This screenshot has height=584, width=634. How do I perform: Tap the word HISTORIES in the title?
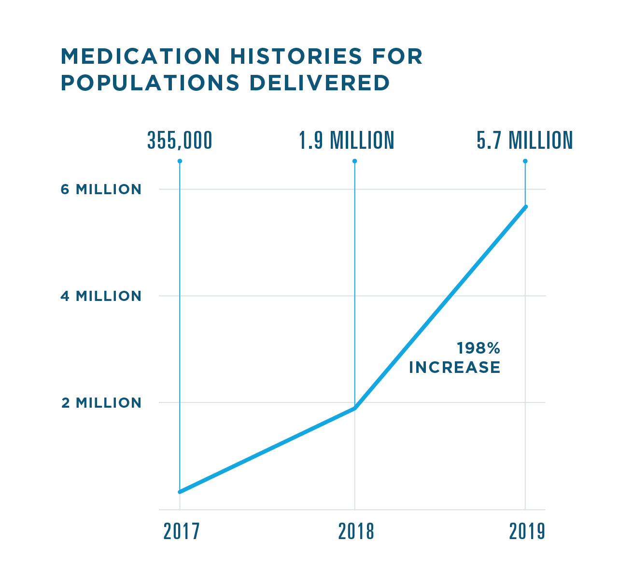pyautogui.click(x=296, y=57)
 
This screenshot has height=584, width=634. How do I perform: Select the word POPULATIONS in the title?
pyautogui.click(x=150, y=83)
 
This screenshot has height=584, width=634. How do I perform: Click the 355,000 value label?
pyautogui.click(x=180, y=141)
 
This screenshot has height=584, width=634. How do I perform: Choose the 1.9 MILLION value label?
pyautogui.click(x=346, y=141)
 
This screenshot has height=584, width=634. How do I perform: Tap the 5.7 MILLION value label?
pyautogui.click(x=524, y=141)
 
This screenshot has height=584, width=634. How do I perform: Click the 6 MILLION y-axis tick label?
pyautogui.click(x=101, y=189)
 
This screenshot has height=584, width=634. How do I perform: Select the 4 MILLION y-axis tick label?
pyautogui.click(x=101, y=296)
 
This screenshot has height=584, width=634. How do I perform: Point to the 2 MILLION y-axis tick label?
pyautogui.click(x=101, y=403)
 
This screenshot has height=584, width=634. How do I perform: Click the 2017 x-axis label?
pyautogui.click(x=181, y=531)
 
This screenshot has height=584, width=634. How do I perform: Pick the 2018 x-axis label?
pyautogui.click(x=356, y=531)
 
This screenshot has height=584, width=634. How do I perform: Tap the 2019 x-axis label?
pyautogui.click(x=527, y=531)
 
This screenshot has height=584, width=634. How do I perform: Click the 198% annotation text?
pyautogui.click(x=478, y=348)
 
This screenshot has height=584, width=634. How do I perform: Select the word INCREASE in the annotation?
pyautogui.click(x=454, y=368)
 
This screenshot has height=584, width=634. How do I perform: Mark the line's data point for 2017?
pyautogui.click(x=180, y=492)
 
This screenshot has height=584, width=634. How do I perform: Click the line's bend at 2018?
pyautogui.click(x=355, y=408)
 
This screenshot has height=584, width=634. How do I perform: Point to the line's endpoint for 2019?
pyautogui.click(x=525, y=207)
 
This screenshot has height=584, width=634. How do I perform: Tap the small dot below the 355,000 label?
pyautogui.click(x=180, y=161)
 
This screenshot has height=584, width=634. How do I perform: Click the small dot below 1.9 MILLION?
pyautogui.click(x=355, y=161)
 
